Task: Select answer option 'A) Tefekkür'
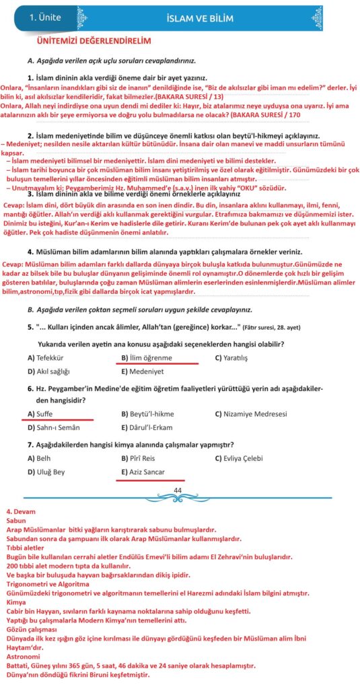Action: coord(46,358)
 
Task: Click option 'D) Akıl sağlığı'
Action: coord(48,371)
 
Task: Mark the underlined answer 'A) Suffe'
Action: coord(40,414)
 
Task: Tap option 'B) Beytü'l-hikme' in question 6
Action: coord(149,414)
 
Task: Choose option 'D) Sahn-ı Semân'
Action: coord(52,427)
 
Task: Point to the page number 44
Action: coord(178,490)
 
